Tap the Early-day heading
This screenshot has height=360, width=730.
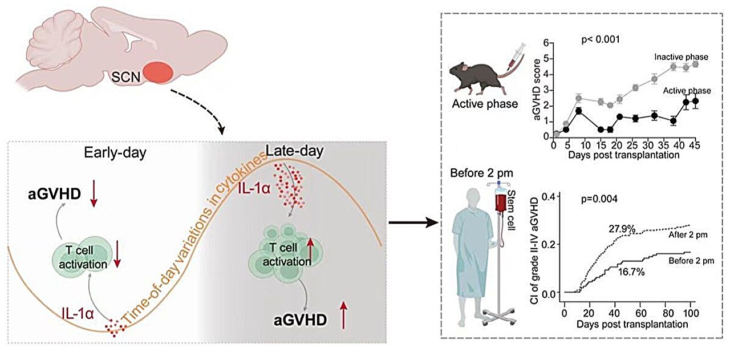pyautogui.click(x=115, y=152)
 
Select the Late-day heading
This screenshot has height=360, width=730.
pyautogui.click(x=295, y=151)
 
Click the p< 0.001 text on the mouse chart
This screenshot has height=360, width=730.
pyautogui.click(x=601, y=39)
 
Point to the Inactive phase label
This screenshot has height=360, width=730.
pyautogui.click(x=681, y=57)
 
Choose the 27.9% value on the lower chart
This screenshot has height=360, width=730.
pyautogui.click(x=622, y=229)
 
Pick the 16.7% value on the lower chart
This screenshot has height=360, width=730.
pyautogui.click(x=631, y=272)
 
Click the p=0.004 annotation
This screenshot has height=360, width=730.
pyautogui.click(x=599, y=199)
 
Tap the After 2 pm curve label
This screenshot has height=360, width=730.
pyautogui.click(x=688, y=235)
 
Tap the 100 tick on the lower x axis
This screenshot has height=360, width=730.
pyautogui.click(x=690, y=314)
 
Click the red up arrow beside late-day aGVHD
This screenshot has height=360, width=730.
pyautogui.click(x=344, y=315)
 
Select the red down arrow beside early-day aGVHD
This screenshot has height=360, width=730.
pyautogui.click(x=94, y=195)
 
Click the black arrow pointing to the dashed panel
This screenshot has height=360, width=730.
pyautogui.click(x=413, y=223)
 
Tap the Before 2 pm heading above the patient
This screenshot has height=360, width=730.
pyautogui.click(x=481, y=173)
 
